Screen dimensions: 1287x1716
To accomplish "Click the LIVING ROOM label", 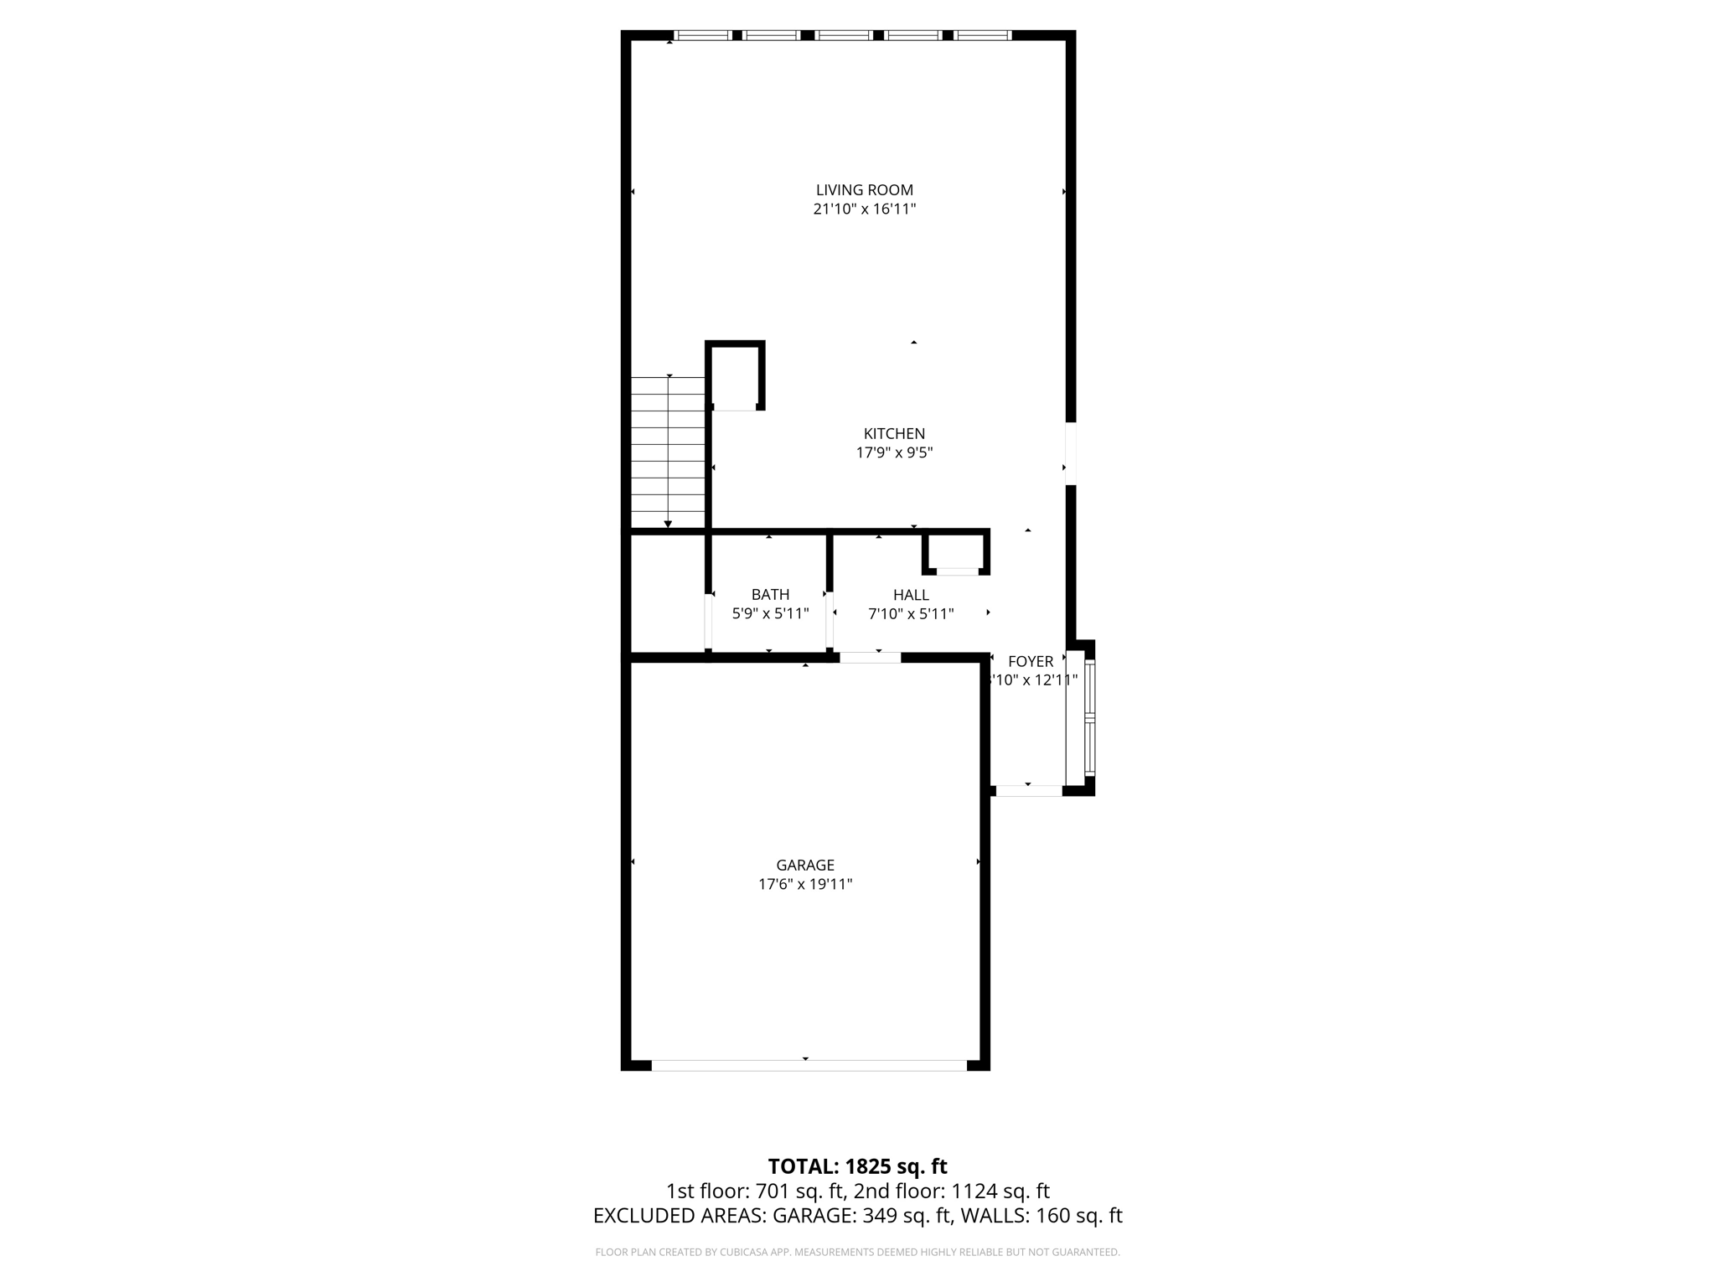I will [864, 190].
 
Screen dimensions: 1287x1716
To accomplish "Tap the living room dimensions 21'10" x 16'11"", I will [864, 209].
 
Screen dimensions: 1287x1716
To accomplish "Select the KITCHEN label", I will [894, 433].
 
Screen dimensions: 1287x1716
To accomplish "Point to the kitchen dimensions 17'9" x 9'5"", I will [894, 453].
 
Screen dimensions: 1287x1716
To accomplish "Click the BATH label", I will [770, 595].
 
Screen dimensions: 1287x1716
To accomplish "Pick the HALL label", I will [911, 595].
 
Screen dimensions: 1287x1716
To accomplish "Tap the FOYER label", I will [1030, 661].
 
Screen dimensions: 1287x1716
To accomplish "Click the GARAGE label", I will [804, 865].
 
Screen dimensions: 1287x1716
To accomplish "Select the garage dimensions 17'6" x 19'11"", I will [804, 884].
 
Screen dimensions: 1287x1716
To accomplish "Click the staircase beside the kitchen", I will [668, 452].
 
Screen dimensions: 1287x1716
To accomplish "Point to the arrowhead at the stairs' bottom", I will [668, 525].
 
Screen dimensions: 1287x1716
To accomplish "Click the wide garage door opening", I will [809, 1065].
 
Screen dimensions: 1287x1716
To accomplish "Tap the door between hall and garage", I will [870, 658].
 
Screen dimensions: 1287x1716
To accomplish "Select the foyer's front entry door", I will [1028, 790].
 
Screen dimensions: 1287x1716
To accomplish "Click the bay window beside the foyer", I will [1088, 717].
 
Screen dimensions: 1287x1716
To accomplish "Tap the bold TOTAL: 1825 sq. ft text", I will [857, 1166].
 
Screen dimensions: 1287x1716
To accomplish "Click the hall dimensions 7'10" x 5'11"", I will [911, 614].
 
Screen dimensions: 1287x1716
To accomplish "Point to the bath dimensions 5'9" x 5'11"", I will [770, 614].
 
